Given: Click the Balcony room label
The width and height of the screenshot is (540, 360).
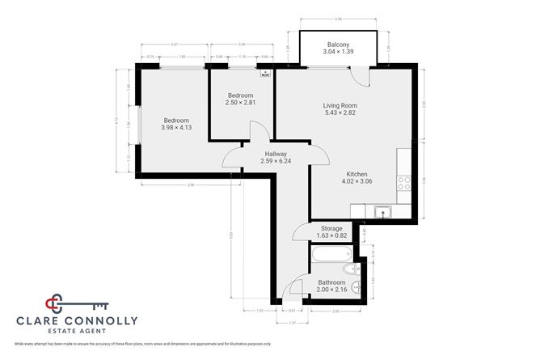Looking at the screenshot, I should (x=338, y=44).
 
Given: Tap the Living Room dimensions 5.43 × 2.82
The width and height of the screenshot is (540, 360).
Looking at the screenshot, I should (x=340, y=113).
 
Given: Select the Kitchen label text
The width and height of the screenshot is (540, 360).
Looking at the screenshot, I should (x=357, y=174).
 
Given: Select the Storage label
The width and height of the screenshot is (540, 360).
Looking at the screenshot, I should (x=332, y=229).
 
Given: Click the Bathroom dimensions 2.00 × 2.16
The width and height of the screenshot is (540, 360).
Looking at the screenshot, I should (x=331, y=290).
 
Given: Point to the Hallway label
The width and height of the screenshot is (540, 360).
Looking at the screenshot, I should (x=274, y=154).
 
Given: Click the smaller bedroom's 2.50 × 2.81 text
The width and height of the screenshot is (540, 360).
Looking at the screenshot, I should (x=240, y=103).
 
